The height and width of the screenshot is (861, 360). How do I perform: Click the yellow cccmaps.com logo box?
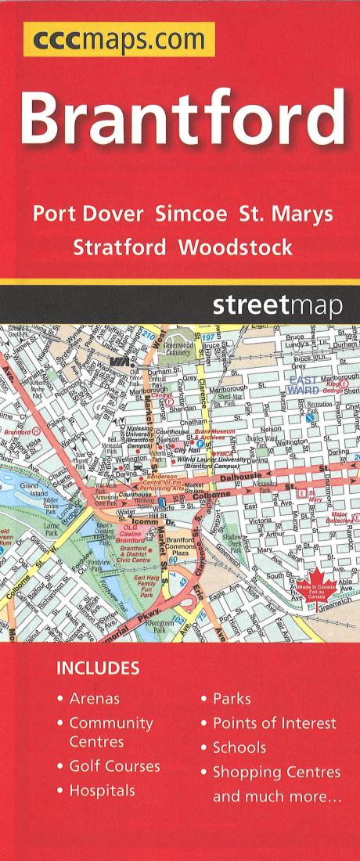click(119, 40)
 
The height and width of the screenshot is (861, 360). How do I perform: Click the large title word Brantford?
click(182, 116)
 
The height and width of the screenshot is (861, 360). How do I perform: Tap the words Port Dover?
click(88, 214)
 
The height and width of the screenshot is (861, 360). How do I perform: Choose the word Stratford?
click(119, 248)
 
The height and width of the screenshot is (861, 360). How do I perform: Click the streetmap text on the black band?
click(277, 306)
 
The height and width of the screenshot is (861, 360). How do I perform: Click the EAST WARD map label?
click(302, 384)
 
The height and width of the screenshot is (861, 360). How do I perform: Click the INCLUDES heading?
click(98, 668)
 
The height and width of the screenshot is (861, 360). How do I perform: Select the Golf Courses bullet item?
click(114, 766)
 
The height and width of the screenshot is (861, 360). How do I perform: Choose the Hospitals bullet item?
click(102, 791)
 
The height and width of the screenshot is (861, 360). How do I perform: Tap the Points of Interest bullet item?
click(274, 723)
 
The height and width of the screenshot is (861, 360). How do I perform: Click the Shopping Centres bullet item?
click(276, 772)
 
